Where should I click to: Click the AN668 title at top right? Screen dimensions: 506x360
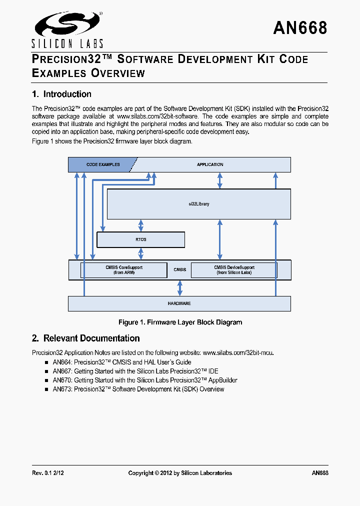click(x=300, y=28)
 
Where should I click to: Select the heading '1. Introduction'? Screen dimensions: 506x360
click(x=61, y=94)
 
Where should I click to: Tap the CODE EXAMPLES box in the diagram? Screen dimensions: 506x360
click(x=102, y=164)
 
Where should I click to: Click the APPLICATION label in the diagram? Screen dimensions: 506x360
click(x=210, y=164)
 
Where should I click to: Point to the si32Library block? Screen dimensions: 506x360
click(x=199, y=204)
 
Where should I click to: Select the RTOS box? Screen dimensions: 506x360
click(x=140, y=240)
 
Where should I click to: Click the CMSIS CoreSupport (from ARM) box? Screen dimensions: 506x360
click(x=123, y=270)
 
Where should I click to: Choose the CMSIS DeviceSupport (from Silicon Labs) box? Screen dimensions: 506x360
click(x=233, y=270)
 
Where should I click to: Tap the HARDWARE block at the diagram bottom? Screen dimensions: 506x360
click(x=179, y=303)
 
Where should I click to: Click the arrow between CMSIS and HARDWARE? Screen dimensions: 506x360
click(x=179, y=288)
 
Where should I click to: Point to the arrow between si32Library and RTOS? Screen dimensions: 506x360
click(x=140, y=225)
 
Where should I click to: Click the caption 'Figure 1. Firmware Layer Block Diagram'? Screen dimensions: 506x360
click(x=180, y=322)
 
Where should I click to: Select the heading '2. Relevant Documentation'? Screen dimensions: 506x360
click(x=85, y=338)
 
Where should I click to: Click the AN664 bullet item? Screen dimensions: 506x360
click(x=122, y=362)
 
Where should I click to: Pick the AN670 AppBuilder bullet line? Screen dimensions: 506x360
click(x=145, y=380)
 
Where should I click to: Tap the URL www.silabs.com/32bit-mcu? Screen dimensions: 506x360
click(x=238, y=352)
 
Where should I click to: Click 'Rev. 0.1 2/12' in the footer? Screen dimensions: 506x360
click(x=48, y=473)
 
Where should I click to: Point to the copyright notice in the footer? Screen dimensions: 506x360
click(x=180, y=473)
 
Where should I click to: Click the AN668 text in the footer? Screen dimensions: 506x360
click(x=319, y=473)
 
